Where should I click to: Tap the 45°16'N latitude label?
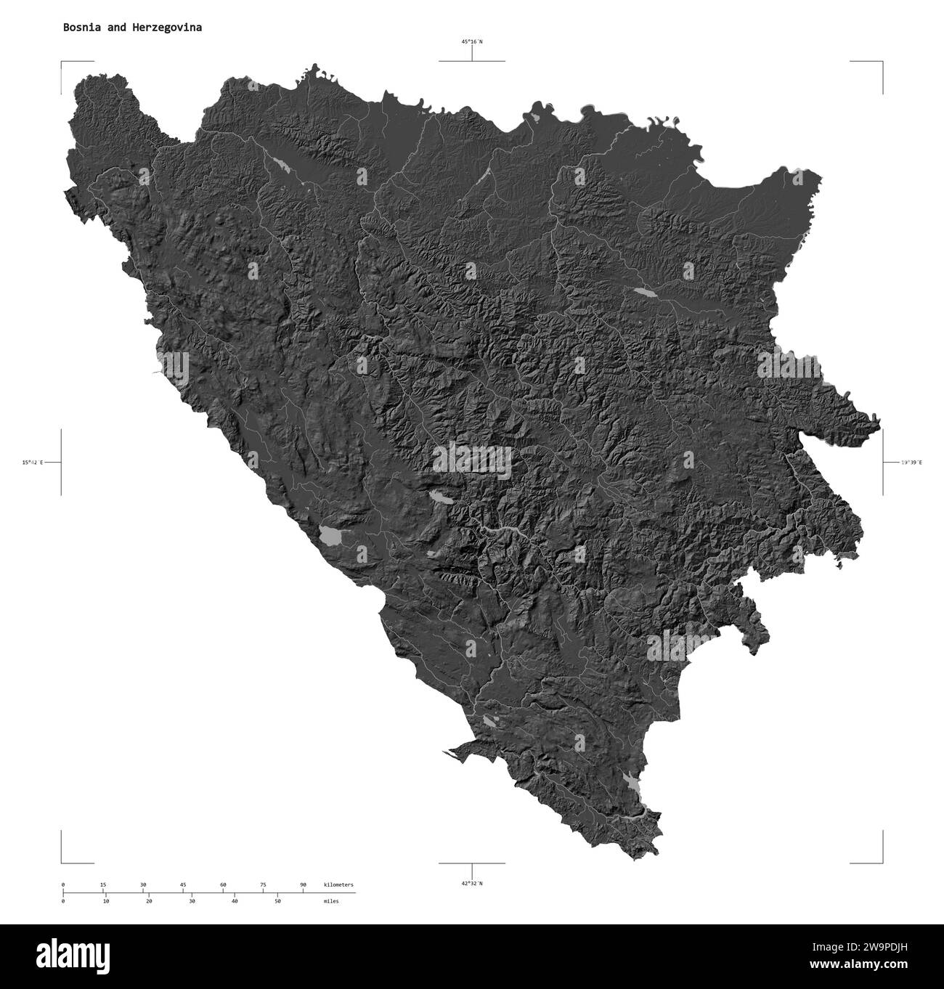(x=472, y=42)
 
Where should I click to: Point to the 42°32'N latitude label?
(x=472, y=883)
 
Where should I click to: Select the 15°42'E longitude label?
(x=33, y=462)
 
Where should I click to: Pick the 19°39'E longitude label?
(x=911, y=462)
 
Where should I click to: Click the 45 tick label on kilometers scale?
(x=183, y=884)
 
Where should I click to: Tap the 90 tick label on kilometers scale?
(x=303, y=884)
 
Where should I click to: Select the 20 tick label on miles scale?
(x=149, y=900)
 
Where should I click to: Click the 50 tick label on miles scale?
(x=277, y=900)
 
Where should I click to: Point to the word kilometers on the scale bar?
(x=338, y=884)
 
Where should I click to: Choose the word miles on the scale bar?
(x=331, y=900)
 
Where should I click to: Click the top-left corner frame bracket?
(x=62, y=63)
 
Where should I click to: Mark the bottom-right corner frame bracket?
(x=882, y=862)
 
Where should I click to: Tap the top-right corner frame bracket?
(x=882, y=63)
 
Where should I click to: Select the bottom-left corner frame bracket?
(x=62, y=862)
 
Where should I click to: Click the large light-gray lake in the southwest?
(x=333, y=536)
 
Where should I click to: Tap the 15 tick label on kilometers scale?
(x=103, y=884)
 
